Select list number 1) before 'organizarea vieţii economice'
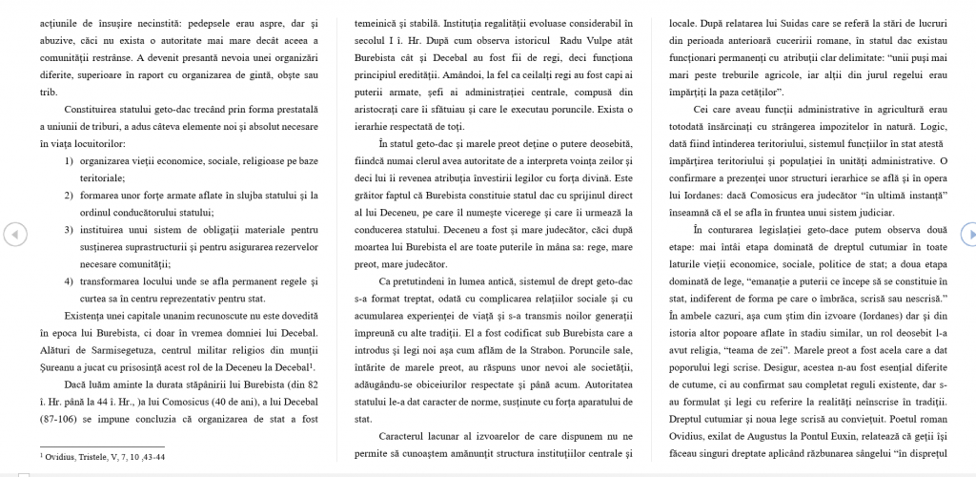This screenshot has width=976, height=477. [x=70, y=160]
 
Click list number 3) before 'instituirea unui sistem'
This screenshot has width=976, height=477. [x=70, y=229]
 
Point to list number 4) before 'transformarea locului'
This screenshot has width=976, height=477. [x=70, y=280]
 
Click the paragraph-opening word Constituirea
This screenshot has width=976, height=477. [x=72, y=109]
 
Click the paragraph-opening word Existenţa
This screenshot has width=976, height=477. [x=67, y=315]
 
